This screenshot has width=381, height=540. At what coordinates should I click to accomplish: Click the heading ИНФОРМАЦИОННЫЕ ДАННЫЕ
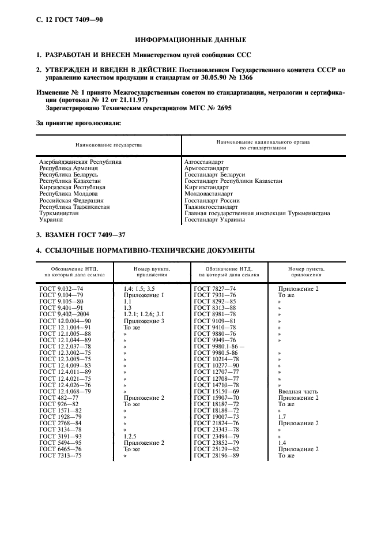point(190,40)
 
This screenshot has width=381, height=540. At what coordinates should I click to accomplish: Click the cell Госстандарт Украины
point(214,219)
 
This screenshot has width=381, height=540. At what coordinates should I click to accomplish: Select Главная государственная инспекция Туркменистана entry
point(256,213)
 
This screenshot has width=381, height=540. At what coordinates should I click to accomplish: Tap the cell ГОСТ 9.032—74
point(61,288)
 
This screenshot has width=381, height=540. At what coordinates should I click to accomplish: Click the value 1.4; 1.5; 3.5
point(138,288)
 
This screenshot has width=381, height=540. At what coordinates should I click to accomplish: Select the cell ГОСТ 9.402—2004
point(64,313)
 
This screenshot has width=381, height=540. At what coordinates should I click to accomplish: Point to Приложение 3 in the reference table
point(144,320)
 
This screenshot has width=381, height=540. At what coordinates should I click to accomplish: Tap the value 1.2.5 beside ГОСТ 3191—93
point(131,436)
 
